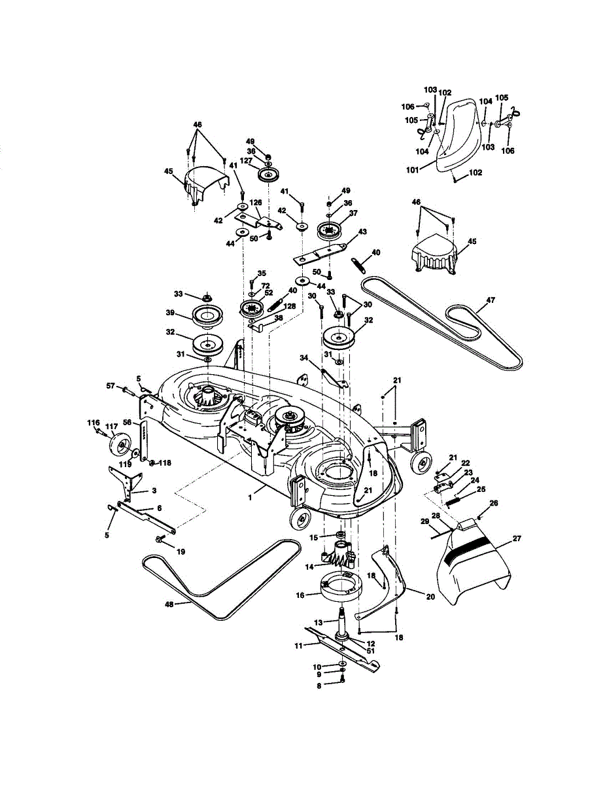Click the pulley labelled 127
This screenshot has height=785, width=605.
[268, 175]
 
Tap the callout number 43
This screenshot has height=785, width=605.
[362, 231]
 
